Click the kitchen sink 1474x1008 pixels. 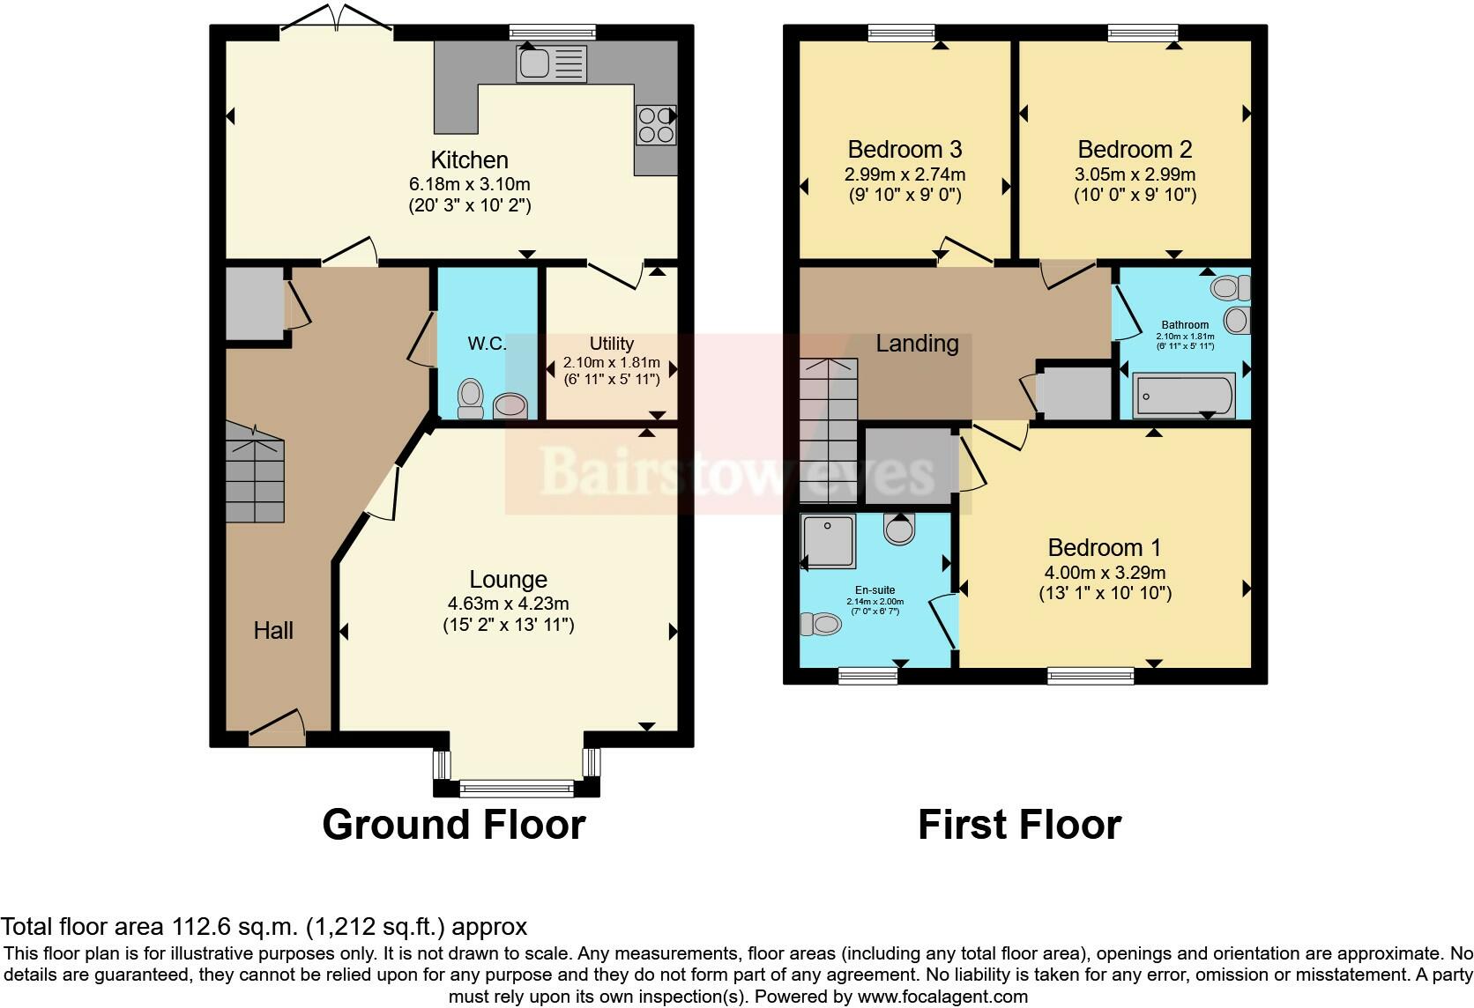pyautogui.click(x=552, y=63)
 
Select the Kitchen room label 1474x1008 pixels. pyautogui.click(x=469, y=159)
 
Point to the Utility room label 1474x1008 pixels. pyautogui.click(x=611, y=344)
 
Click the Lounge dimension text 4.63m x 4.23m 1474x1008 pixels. pyautogui.click(x=508, y=604)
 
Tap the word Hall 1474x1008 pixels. pyautogui.click(x=273, y=630)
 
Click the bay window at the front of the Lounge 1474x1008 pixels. pyautogui.click(x=517, y=786)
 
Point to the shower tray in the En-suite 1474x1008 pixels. pyautogui.click(x=829, y=541)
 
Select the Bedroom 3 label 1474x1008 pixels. pyautogui.click(x=904, y=149)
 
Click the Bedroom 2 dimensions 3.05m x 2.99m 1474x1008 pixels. pyautogui.click(x=1135, y=174)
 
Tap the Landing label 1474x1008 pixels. pyautogui.click(x=917, y=344)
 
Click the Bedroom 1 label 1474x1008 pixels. pyautogui.click(x=1105, y=547)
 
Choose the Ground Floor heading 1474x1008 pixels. pyautogui.click(x=453, y=825)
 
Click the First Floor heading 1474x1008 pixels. pyautogui.click(x=1019, y=825)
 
